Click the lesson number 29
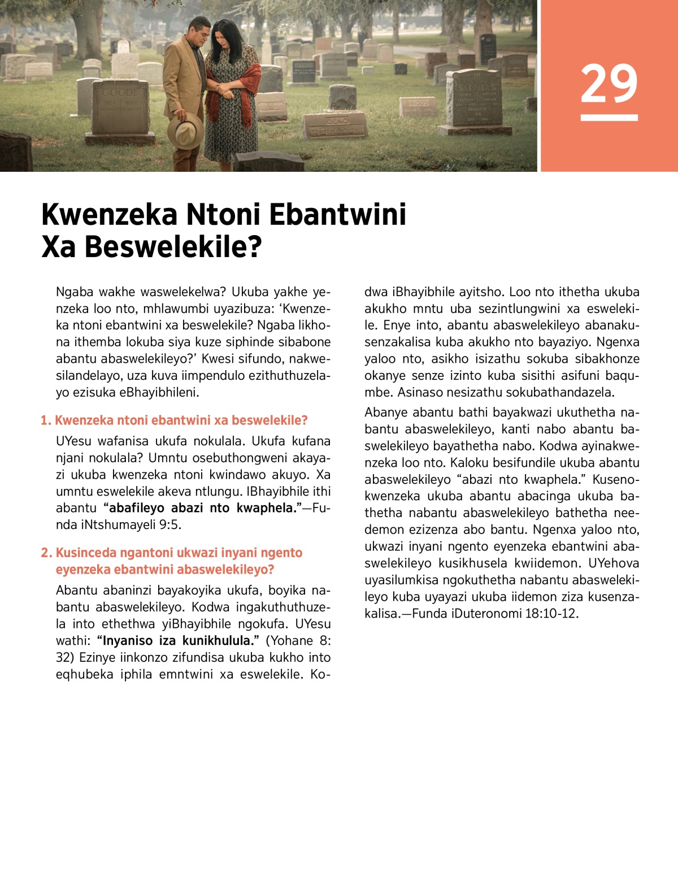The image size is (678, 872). click(609, 84)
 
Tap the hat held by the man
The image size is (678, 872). click(185, 131)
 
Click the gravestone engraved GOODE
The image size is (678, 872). click(120, 107)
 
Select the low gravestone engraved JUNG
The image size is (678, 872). click(336, 125)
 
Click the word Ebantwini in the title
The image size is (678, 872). click(337, 215)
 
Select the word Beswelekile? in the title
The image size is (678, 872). click(173, 247)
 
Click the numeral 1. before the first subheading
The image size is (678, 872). click(46, 420)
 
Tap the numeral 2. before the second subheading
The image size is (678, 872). click(46, 553)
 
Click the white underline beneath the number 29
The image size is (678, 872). click(609, 118)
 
